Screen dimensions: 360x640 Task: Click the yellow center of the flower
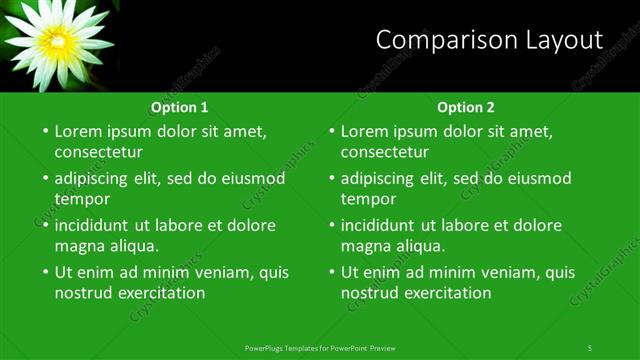(57, 41)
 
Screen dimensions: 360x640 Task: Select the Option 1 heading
(180, 107)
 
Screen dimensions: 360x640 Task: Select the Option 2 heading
(466, 107)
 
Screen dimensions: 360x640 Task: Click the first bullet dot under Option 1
(45, 131)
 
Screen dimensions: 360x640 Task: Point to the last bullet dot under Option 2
(331, 272)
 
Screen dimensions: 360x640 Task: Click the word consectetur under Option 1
(98, 153)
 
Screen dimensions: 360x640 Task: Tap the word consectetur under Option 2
(384, 153)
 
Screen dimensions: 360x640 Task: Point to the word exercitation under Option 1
(161, 294)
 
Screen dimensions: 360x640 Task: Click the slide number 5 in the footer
(590, 347)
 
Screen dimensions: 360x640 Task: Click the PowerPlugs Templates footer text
(320, 347)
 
